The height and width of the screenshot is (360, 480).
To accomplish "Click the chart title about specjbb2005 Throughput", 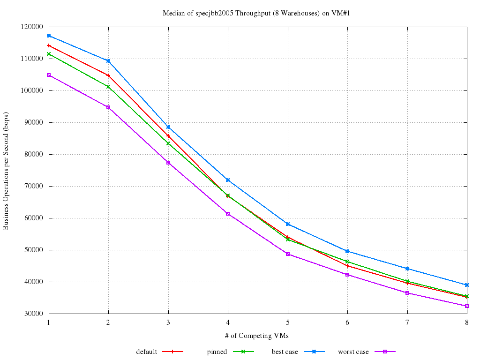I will click(257, 13).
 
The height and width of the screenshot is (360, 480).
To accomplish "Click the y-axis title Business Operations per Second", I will click(6, 171).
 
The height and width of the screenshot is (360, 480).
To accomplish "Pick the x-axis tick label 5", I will click(287, 322).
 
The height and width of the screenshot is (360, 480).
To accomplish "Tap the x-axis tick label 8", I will click(466, 322).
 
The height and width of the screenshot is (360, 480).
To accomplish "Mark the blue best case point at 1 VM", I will click(49, 36).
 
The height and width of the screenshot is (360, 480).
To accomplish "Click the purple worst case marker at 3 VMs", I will click(168, 163).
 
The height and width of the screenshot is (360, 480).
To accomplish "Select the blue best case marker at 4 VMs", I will click(228, 180).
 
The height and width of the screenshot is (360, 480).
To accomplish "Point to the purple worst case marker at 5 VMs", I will click(288, 254).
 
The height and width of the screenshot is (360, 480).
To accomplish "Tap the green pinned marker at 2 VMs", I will click(108, 87).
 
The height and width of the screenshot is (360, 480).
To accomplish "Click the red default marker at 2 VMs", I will click(108, 75).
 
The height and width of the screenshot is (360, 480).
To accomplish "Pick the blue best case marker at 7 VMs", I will click(407, 269).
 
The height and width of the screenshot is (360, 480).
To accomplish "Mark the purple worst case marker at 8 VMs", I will click(467, 306).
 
